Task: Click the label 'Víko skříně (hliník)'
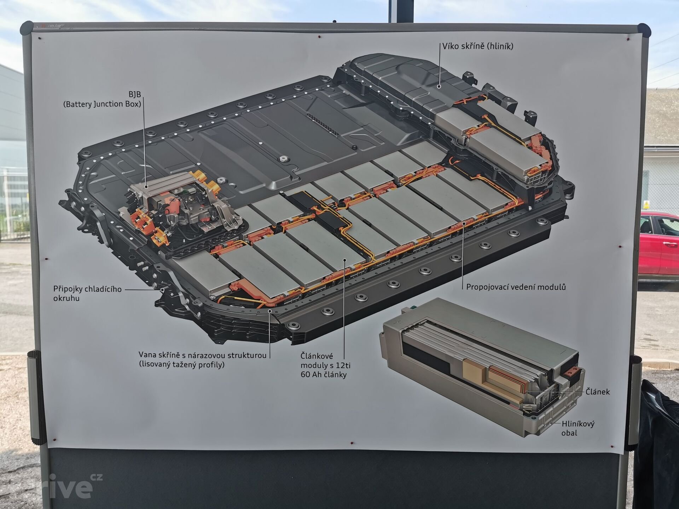pos(478,46)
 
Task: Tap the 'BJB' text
pos(134,95)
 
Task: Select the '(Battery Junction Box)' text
pos(102,104)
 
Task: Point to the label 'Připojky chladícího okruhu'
pos(87,293)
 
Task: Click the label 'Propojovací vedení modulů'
pos(516,287)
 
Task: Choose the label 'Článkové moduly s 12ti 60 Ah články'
pos(325,365)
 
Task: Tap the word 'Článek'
pos(598,392)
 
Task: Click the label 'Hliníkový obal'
pos(578,428)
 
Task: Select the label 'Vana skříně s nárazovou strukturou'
pos(202,355)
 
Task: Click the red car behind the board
pos(660,244)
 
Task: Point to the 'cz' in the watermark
pos(96,477)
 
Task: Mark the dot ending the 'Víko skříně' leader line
pos(439,86)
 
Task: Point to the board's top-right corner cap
pos(644,30)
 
